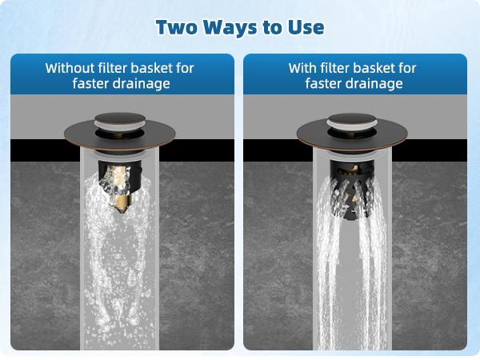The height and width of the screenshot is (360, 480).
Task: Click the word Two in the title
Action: (x=176, y=27)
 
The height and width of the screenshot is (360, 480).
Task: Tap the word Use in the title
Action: (x=306, y=27)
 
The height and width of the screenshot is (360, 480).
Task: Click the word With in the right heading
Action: (x=302, y=68)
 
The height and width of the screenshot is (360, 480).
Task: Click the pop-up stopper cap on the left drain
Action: (x=120, y=122)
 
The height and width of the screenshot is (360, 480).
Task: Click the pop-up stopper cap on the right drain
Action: (x=352, y=122)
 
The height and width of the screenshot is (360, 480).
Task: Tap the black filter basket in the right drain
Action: (x=352, y=190)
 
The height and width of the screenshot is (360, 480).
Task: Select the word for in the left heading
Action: (x=185, y=68)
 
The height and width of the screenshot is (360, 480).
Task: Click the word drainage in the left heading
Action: (x=141, y=83)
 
